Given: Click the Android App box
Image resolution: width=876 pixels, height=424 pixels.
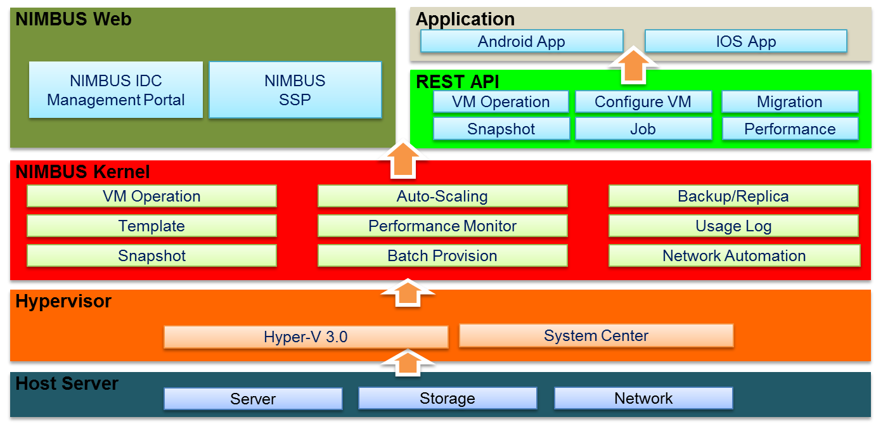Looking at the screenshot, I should click(x=521, y=42).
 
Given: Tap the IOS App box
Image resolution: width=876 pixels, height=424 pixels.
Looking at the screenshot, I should click(x=745, y=42).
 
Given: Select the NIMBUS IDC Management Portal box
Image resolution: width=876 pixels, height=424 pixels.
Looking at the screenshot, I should click(x=116, y=90).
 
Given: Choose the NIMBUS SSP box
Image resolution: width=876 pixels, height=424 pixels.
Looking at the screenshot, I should click(x=295, y=90).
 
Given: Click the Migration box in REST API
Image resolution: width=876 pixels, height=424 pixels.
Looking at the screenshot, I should click(x=790, y=102).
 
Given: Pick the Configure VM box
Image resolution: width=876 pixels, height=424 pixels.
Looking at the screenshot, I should click(x=643, y=102).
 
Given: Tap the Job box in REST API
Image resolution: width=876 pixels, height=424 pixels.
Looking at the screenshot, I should click(x=643, y=129).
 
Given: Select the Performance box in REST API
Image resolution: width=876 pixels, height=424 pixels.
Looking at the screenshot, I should click(x=790, y=129).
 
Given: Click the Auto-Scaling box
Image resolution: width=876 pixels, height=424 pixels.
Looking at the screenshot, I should click(x=442, y=196).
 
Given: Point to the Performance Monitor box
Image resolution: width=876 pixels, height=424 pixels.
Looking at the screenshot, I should click(x=442, y=226).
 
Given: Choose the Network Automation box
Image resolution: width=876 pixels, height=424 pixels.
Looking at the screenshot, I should click(x=734, y=256).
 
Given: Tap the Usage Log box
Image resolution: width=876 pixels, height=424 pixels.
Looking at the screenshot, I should click(x=733, y=226).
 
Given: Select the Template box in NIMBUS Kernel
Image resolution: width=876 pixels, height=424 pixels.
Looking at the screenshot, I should click(x=151, y=226).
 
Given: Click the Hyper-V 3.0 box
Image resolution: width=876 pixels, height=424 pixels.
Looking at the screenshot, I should click(x=306, y=337).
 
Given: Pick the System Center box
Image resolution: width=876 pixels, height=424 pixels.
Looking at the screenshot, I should click(x=596, y=335).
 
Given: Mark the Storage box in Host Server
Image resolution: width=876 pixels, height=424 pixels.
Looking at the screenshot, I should click(x=448, y=399).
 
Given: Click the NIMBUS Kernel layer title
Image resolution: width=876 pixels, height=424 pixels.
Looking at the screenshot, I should click(x=82, y=172).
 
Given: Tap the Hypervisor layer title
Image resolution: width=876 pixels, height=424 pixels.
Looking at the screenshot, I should click(x=63, y=301).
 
